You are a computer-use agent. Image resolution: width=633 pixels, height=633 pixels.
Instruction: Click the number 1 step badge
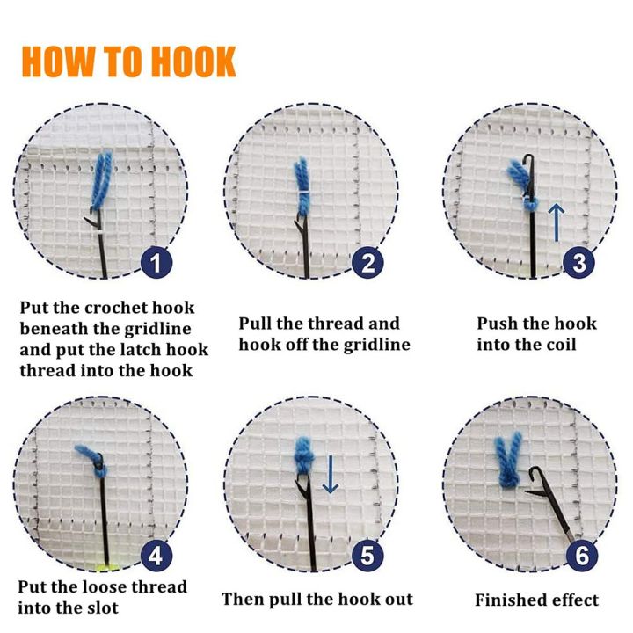156,262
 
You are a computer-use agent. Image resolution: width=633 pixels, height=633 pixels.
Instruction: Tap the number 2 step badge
367,262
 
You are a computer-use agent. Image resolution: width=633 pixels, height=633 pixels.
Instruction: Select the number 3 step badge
578,262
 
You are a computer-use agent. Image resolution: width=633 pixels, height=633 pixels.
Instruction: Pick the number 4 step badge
156,556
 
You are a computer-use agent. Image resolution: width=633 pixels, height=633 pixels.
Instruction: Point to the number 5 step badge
367,556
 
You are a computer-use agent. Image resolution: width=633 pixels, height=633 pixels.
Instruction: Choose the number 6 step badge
578,556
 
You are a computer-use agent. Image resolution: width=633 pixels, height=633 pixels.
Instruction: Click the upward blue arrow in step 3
555,222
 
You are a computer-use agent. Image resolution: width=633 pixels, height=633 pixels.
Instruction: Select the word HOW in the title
54,62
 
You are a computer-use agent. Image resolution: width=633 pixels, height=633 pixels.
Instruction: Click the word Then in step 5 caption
241,600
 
